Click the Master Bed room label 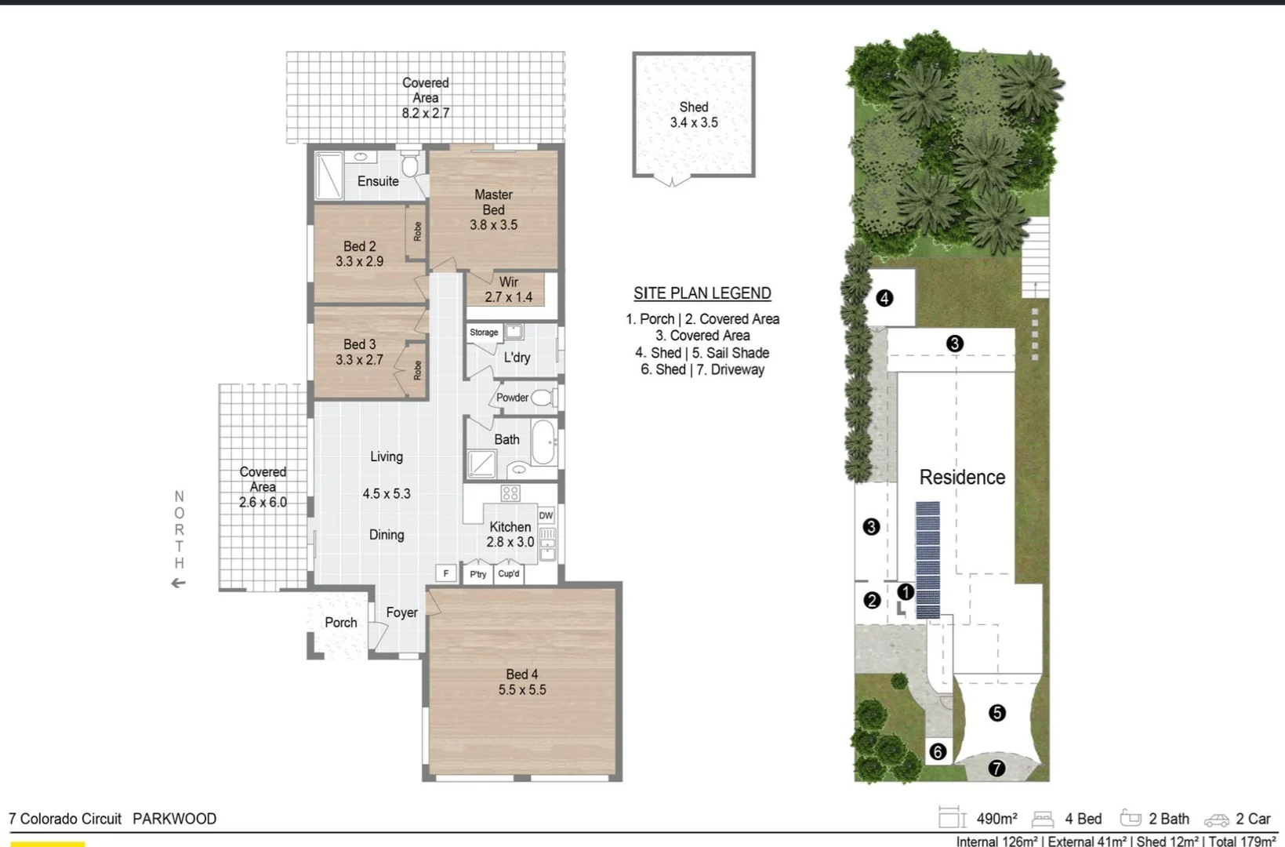pyautogui.click(x=493, y=202)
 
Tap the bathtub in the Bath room pyautogui.click(x=545, y=442)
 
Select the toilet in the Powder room pyautogui.click(x=542, y=398)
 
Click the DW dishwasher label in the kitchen pyautogui.click(x=546, y=515)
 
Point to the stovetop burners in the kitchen pyautogui.click(x=510, y=493)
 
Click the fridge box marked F pyautogui.click(x=446, y=573)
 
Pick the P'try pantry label pyautogui.click(x=478, y=574)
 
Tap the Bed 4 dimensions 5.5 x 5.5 pyautogui.click(x=522, y=690)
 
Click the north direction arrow pyautogui.click(x=179, y=583)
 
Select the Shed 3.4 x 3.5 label pyautogui.click(x=694, y=115)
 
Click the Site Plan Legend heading pyautogui.click(x=702, y=293)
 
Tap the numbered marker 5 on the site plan pyautogui.click(x=996, y=713)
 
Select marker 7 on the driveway pyautogui.click(x=996, y=769)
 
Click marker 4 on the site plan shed pyautogui.click(x=884, y=298)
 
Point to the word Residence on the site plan pyautogui.click(x=962, y=477)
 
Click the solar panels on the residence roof pyautogui.click(x=927, y=559)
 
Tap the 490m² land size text pyautogui.click(x=996, y=819)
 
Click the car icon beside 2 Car pyautogui.click(x=1217, y=820)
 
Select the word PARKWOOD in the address pyautogui.click(x=174, y=819)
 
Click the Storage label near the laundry pyautogui.click(x=484, y=333)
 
